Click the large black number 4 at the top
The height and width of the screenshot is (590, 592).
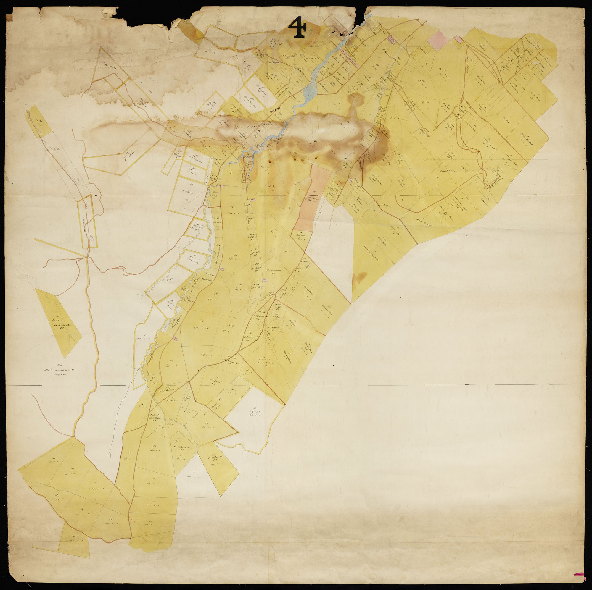(x=297, y=27)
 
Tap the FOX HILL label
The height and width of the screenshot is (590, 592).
(x=274, y=112)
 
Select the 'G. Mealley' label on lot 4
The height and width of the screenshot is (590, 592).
(x=193, y=227)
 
